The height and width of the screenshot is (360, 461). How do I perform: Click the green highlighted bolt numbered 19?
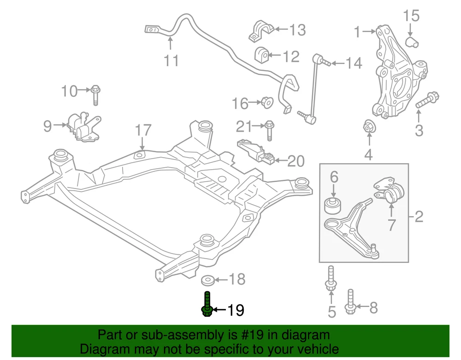(x=207, y=305)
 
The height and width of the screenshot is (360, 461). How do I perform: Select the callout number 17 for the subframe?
(x=143, y=130)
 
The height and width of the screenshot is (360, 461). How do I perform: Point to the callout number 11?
(x=171, y=60)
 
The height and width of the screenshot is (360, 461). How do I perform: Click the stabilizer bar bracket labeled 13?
(x=261, y=30)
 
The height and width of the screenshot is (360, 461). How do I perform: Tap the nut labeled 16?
(x=266, y=102)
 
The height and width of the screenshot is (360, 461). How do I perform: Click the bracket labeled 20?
(x=257, y=153)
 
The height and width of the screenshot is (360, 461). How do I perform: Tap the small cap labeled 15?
(x=412, y=42)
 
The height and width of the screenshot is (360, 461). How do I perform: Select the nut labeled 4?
(x=369, y=127)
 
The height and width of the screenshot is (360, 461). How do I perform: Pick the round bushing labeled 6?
(x=334, y=205)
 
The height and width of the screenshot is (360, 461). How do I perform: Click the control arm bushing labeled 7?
(x=393, y=193)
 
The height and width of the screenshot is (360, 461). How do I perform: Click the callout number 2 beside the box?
(x=419, y=216)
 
